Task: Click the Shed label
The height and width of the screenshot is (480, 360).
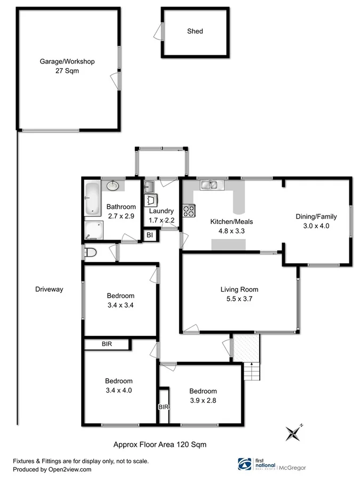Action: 195,31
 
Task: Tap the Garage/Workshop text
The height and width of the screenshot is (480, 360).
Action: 67,62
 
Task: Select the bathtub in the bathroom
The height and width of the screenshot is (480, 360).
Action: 91,199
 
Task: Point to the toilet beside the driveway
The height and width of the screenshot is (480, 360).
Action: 90,252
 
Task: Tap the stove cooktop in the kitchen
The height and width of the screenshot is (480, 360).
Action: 188,211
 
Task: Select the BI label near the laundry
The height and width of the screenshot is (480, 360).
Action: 150,235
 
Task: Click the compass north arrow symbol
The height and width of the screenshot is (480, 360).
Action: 293,432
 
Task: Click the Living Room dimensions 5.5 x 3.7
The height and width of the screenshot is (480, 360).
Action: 239,299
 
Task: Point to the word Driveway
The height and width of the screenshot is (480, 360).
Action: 49,290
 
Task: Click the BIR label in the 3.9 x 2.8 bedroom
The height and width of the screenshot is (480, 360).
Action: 163,407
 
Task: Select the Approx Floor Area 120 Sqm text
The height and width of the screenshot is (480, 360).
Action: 160,444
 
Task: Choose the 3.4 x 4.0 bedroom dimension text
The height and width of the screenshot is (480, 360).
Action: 118,390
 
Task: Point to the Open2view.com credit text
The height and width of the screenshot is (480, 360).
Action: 52,469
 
